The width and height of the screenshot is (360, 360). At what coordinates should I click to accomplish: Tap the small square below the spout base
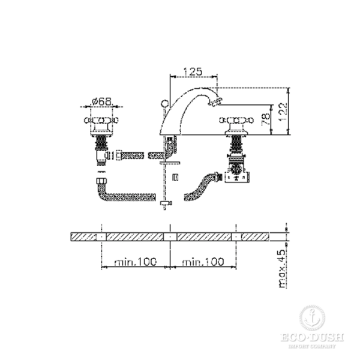[175, 176]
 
